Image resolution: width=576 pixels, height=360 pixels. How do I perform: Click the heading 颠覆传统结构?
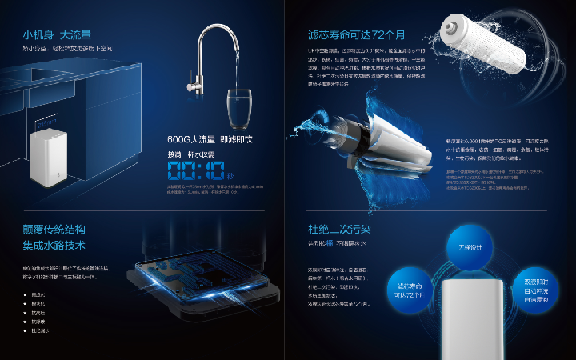(x=54, y=230)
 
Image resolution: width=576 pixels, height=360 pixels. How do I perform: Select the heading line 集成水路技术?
(x=54, y=245)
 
